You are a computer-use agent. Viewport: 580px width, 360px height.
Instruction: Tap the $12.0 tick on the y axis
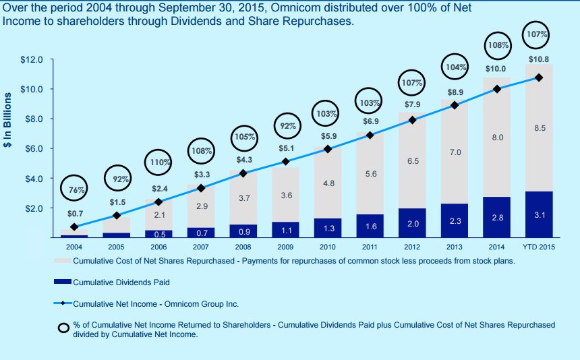point(32,59)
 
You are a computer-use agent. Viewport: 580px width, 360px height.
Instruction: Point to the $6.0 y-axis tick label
point(34,148)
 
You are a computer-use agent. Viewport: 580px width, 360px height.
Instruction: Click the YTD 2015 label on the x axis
point(539,247)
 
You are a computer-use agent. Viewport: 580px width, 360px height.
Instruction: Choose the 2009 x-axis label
point(285,247)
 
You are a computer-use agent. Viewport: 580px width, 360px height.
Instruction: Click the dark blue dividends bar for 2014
point(496,217)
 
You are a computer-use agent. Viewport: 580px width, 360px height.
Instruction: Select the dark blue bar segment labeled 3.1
point(539,214)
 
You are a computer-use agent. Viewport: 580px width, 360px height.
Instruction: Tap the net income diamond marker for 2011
point(370,136)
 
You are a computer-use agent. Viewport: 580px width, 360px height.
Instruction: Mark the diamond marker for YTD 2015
point(539,78)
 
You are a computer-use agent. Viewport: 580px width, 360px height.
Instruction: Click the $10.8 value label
point(538,59)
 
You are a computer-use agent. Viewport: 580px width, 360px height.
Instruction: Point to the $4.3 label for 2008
point(244,160)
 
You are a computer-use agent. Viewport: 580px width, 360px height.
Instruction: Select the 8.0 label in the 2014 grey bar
point(497,138)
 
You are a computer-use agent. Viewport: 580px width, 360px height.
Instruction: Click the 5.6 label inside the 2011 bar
point(370,174)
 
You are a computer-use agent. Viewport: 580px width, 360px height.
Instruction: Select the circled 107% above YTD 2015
point(538,34)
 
